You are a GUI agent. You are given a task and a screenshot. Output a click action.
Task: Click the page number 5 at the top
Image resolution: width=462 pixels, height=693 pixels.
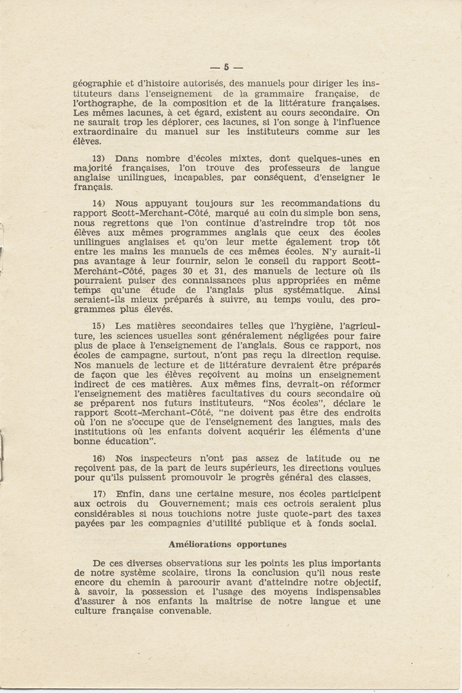pos(226,67)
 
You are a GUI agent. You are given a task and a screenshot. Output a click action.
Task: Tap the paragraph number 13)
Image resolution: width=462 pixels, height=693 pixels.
pos(100,158)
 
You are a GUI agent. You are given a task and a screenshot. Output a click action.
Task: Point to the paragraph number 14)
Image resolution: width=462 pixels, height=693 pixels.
pos(100,203)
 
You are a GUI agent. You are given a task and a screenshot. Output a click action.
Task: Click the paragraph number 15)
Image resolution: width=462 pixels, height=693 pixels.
pos(100,326)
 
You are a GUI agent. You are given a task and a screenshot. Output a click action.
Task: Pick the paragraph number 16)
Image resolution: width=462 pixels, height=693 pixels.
pos(100,459)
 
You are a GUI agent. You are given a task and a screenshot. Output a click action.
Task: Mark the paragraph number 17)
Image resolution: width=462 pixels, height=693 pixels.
pos(100,494)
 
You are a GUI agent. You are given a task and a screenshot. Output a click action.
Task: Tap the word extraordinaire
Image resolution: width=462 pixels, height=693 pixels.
pos(107,131)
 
